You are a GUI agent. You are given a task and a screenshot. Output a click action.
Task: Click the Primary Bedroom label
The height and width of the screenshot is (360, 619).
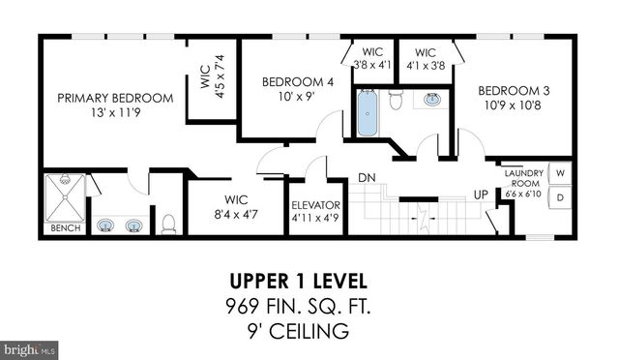(x=115, y=98)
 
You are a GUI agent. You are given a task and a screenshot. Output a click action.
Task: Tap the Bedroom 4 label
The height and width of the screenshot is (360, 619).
(x=298, y=82)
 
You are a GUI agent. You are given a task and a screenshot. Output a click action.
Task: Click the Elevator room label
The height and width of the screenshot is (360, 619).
(x=316, y=205)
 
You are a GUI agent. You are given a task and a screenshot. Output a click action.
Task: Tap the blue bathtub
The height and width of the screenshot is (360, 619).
(x=368, y=113)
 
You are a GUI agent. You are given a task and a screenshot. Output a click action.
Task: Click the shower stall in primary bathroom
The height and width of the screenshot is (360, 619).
(x=64, y=197)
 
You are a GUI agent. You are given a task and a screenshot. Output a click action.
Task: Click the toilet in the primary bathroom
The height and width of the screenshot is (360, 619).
(x=168, y=225)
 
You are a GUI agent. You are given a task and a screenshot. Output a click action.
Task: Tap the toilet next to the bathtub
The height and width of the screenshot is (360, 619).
(x=396, y=100)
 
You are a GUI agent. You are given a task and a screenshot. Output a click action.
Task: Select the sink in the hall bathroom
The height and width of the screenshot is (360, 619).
(x=432, y=99)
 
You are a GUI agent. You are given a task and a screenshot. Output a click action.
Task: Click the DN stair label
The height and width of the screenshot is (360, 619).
(x=367, y=178)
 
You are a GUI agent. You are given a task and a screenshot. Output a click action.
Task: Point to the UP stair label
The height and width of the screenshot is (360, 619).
(x=481, y=195)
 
